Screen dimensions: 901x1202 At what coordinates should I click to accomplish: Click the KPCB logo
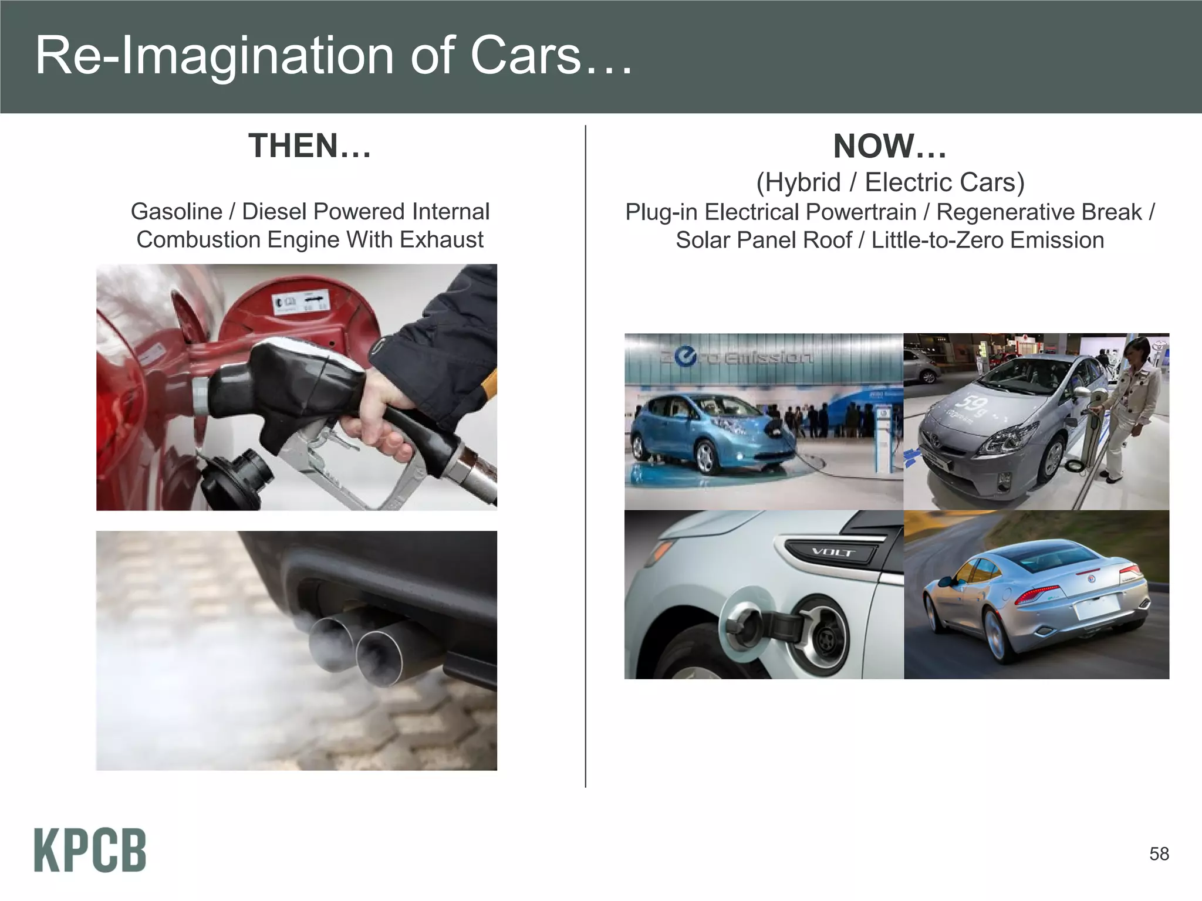[90, 850]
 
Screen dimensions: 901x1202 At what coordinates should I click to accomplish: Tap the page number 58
[1159, 853]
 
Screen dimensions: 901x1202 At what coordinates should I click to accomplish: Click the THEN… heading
[310, 146]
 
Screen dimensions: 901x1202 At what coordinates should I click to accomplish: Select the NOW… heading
[890, 146]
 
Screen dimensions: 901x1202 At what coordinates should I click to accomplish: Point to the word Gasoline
[176, 212]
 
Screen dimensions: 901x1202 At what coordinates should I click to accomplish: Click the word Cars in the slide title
[526, 56]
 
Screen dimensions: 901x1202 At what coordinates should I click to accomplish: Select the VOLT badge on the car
[832, 552]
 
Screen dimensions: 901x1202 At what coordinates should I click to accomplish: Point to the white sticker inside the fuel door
[299, 303]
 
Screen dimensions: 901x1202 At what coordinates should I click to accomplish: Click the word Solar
[704, 241]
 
